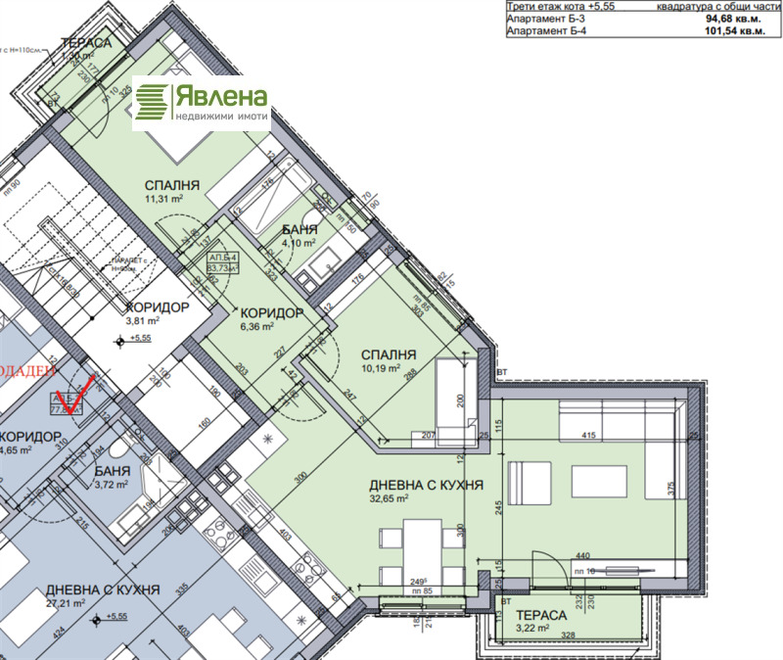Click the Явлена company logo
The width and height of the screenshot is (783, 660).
click(x=201, y=103)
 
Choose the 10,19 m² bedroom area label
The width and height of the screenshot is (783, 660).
click(x=383, y=369)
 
